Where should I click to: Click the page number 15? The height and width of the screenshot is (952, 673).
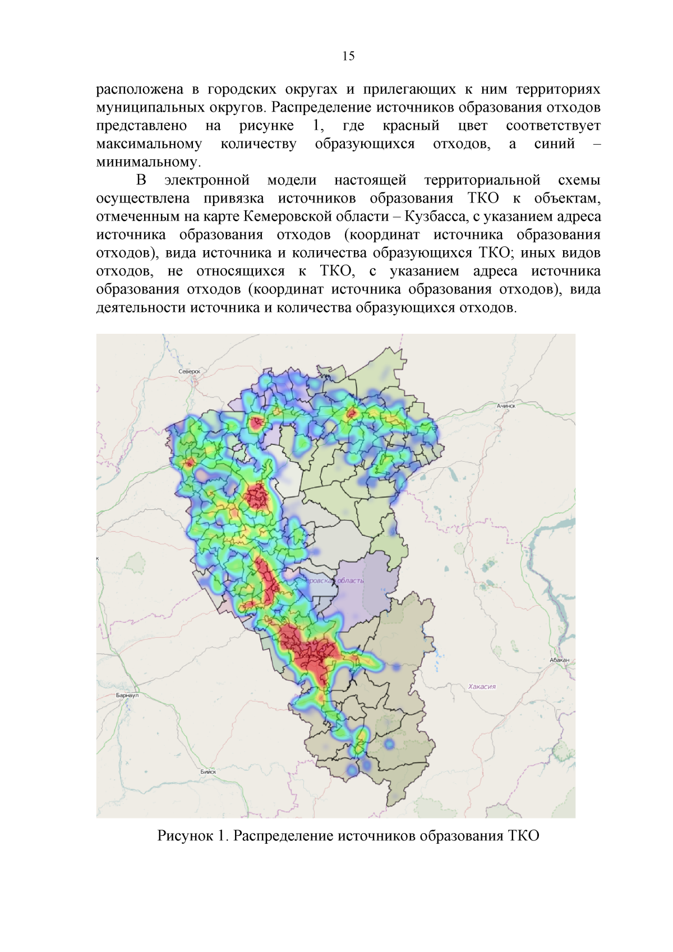click(x=348, y=56)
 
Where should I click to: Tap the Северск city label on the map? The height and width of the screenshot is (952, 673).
click(x=189, y=371)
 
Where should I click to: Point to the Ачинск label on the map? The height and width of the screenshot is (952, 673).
click(x=505, y=406)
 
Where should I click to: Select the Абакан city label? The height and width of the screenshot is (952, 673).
click(x=559, y=660)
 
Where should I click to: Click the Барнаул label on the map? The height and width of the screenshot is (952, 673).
click(x=127, y=695)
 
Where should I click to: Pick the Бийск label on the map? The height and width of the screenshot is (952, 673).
click(x=208, y=771)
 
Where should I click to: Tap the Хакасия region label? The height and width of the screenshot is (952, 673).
click(x=482, y=686)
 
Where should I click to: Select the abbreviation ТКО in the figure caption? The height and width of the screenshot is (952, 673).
click(x=523, y=836)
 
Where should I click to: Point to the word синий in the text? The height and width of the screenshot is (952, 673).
click(x=554, y=144)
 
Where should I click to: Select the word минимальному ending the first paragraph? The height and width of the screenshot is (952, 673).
click(x=148, y=162)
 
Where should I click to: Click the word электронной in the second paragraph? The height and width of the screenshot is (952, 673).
click(x=206, y=180)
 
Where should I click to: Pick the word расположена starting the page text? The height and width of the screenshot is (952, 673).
click(x=140, y=89)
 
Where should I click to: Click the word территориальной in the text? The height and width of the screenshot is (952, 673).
click(x=482, y=180)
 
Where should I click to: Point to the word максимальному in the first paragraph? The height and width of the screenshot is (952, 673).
click(x=149, y=144)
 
